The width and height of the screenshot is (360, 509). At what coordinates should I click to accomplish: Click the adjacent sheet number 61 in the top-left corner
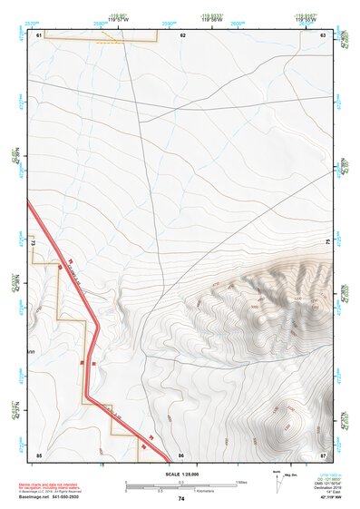click(x=39, y=34)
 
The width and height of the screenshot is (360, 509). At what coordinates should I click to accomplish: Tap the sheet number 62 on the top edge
click(x=182, y=34)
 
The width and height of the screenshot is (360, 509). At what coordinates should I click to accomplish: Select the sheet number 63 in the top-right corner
click(x=323, y=34)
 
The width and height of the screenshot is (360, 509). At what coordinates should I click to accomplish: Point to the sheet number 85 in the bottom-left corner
click(x=39, y=454)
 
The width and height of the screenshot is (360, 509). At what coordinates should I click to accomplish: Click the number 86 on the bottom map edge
click(x=181, y=454)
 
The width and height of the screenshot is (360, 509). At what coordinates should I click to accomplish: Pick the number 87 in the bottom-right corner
click(x=323, y=454)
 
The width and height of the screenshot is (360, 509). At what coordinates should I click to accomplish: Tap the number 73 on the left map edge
click(x=32, y=243)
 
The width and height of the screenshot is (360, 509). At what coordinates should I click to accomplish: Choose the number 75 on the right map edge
click(x=328, y=242)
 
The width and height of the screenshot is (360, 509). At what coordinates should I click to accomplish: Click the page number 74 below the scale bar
click(x=181, y=499)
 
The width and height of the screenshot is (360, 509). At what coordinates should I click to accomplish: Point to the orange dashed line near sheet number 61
click(x=108, y=41)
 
